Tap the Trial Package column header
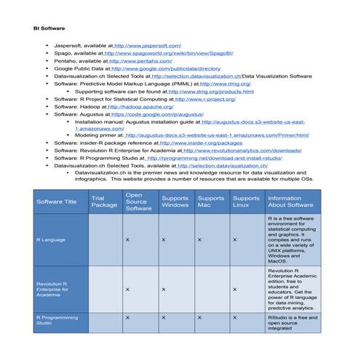[x=103, y=201]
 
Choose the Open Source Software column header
[x=138, y=201]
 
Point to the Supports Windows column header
[x=175, y=201]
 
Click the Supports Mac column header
[x=211, y=201]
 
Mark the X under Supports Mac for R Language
[x=199, y=239]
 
